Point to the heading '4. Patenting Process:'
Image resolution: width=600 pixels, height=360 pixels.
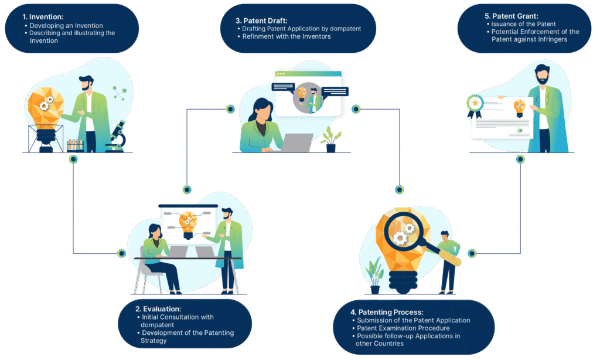click(390, 312)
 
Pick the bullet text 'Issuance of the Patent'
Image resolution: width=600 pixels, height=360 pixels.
click(524, 24)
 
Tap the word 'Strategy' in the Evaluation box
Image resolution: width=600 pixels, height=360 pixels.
click(154, 341)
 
